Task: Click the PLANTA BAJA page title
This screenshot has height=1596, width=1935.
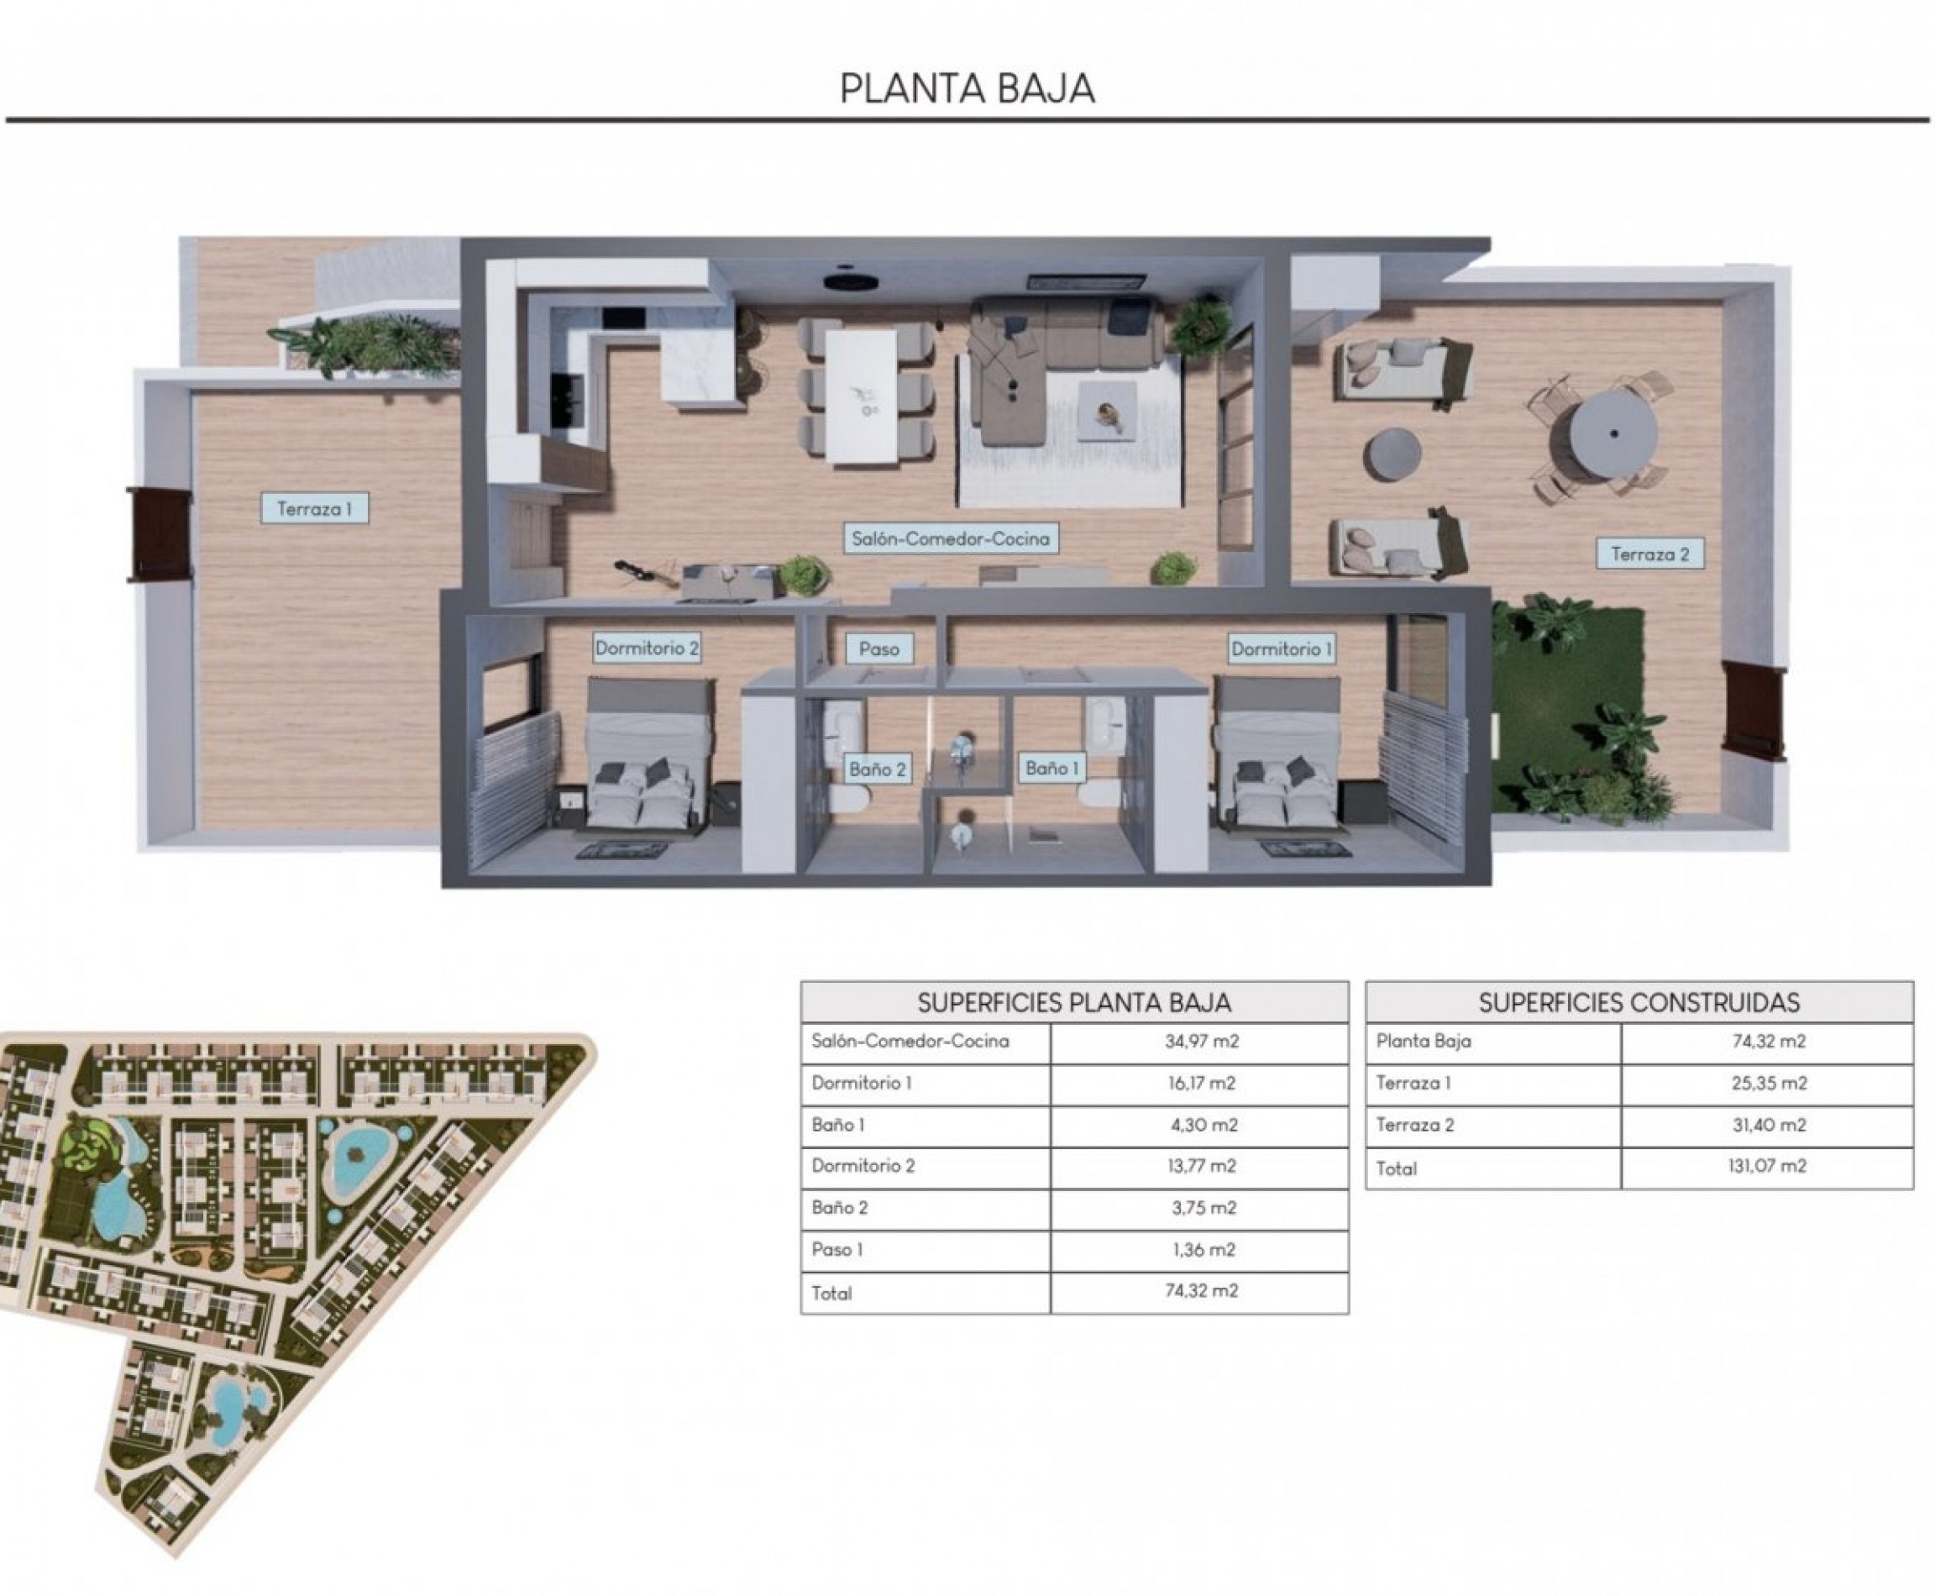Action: coord(967,88)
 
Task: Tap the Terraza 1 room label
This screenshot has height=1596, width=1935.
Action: coord(314,508)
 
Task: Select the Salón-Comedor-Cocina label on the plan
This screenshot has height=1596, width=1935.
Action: coord(951,538)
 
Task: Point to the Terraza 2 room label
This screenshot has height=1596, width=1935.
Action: coord(1649,554)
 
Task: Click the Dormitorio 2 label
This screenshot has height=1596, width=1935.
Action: coord(646,648)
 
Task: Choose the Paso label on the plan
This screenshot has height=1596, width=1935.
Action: coord(878,649)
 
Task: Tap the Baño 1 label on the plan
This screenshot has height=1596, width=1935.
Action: coord(1051,768)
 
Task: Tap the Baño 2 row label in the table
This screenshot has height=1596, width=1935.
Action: coord(839,1208)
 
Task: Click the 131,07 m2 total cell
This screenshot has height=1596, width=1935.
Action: coord(1767,1167)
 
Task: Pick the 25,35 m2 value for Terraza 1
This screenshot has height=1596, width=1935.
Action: coord(1769,1083)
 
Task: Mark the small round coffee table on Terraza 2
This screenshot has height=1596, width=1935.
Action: coord(1392,455)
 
